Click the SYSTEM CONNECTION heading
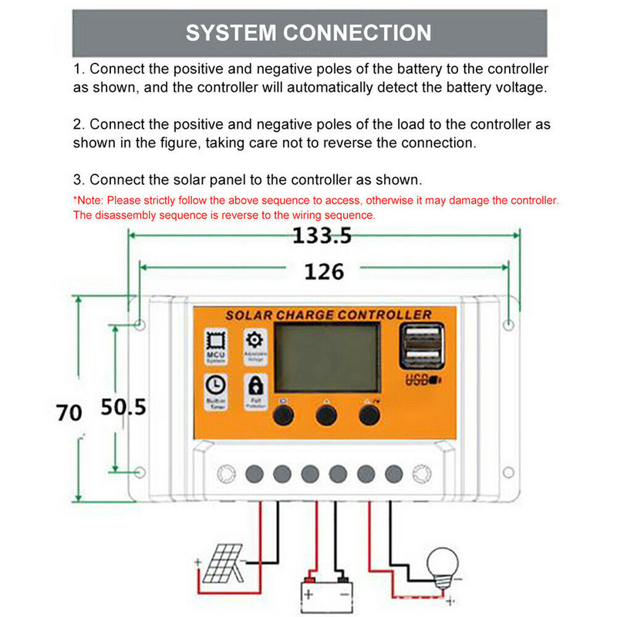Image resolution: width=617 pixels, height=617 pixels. click(308, 33)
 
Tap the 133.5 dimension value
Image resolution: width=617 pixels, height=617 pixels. click(322, 236)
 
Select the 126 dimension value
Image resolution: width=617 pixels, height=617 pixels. click(324, 271)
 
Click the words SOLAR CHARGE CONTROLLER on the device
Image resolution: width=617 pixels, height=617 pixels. click(328, 315)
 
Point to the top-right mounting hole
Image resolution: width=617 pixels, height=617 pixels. click(507, 325)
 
